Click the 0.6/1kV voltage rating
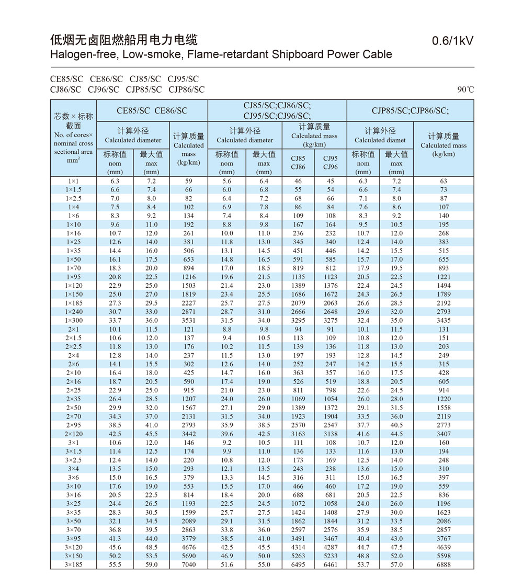[453, 41]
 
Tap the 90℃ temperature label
[465, 89]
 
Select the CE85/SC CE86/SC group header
[152, 110]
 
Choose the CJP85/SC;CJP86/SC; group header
[410, 110]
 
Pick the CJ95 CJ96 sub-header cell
[330, 163]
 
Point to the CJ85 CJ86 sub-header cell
[298, 163]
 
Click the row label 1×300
[74, 320]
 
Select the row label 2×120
[74, 434]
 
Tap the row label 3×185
[74, 565]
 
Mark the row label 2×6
[74, 364]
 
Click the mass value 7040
[188, 565]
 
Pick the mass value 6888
[443, 565]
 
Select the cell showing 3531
[188, 320]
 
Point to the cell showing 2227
[188, 303]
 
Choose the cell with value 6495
[298, 565]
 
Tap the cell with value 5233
[330, 556]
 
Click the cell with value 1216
[188, 277]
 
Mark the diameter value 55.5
[115, 565]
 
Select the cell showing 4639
[443, 547]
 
